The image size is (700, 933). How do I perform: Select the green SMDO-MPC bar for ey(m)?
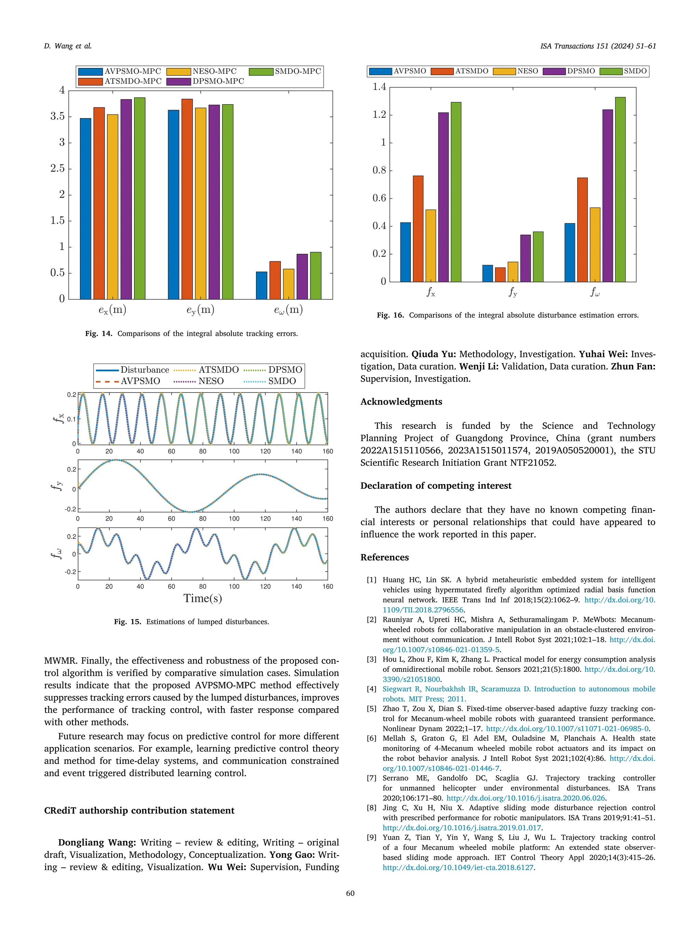(227, 202)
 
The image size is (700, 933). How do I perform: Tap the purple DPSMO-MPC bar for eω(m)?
(302, 276)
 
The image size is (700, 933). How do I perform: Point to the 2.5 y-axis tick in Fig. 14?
(57, 169)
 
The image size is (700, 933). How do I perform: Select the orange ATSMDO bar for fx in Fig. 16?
(418, 229)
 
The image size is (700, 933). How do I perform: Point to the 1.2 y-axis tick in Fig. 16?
(379, 115)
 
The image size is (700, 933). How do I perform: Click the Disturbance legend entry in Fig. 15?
(133, 370)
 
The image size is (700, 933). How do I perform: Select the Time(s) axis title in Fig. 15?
(203, 598)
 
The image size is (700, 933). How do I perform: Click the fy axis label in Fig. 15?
(57, 485)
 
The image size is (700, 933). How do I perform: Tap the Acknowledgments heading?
(401, 401)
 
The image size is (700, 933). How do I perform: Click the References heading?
(385, 557)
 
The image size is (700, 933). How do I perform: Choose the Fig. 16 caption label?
(390, 315)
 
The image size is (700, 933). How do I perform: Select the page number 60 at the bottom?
(350, 893)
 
